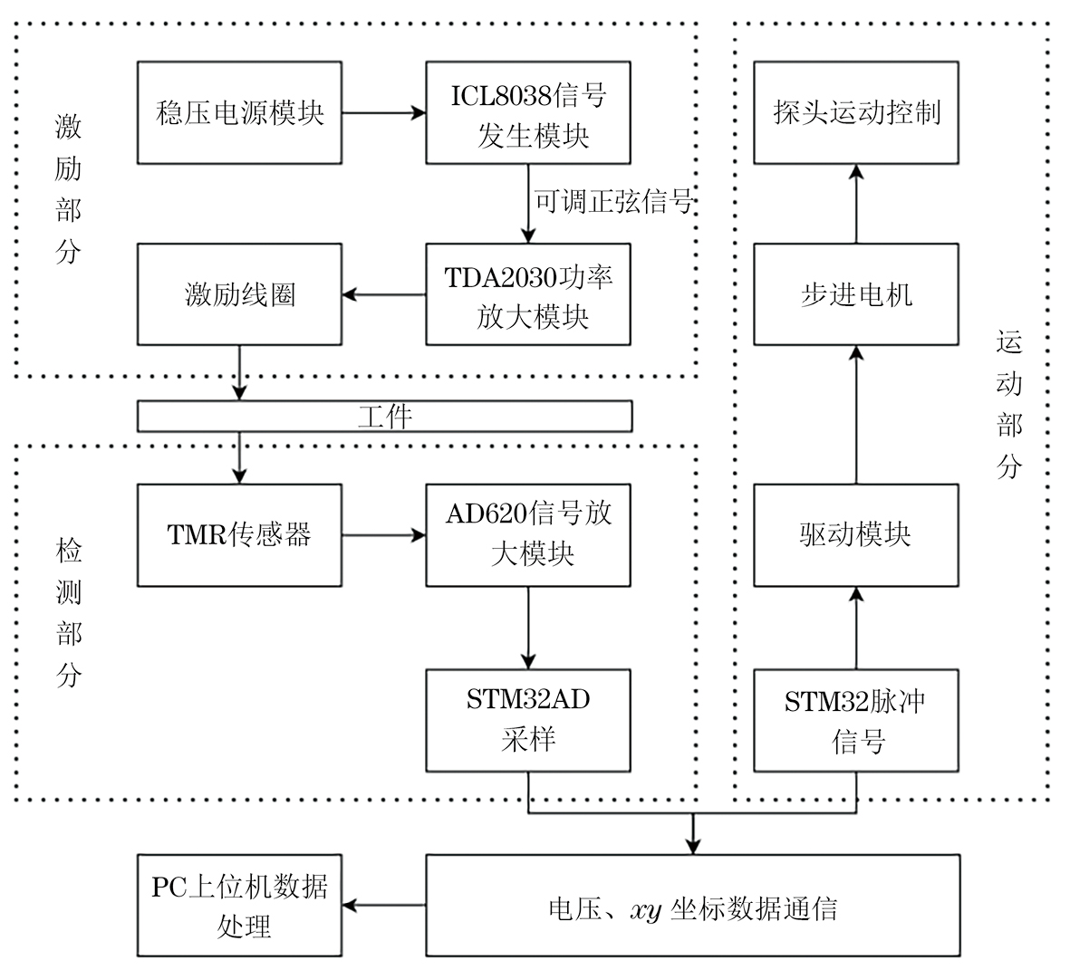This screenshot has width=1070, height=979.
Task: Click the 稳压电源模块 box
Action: [239, 113]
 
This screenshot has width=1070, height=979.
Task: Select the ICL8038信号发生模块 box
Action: [528, 113]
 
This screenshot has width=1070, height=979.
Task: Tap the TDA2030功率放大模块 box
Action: [528, 294]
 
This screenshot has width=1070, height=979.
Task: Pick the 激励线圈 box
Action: [239, 294]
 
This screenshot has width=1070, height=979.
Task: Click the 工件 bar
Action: [384, 416]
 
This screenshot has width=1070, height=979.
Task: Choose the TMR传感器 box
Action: [239, 535]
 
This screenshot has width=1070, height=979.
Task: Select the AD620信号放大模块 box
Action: [528, 535]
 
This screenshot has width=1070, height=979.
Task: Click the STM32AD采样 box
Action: [528, 720]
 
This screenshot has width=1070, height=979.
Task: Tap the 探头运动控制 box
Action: [856, 113]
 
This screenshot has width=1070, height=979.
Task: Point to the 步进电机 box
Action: [856, 294]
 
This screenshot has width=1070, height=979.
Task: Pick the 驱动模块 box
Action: [856, 535]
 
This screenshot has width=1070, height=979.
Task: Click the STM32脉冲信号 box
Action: [856, 720]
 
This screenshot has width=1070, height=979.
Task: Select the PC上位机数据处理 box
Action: [239, 905]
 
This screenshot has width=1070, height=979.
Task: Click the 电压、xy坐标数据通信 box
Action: [692, 905]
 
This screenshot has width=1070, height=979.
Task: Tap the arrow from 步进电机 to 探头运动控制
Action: [856, 204]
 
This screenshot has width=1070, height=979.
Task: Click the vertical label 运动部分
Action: [1009, 404]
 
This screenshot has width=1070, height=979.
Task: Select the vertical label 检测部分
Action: [69, 612]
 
